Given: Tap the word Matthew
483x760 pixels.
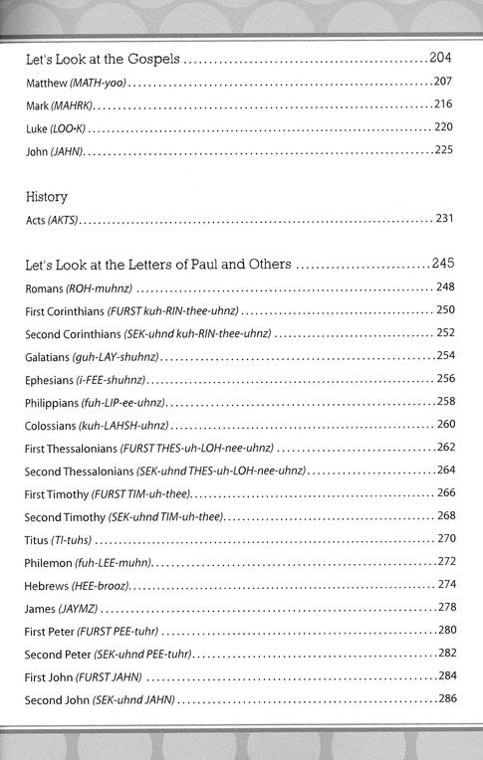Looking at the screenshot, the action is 46,80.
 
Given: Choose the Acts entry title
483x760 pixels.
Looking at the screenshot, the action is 36,218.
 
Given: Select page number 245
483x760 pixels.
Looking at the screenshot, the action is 444,266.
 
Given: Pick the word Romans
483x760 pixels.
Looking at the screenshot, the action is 45,287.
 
